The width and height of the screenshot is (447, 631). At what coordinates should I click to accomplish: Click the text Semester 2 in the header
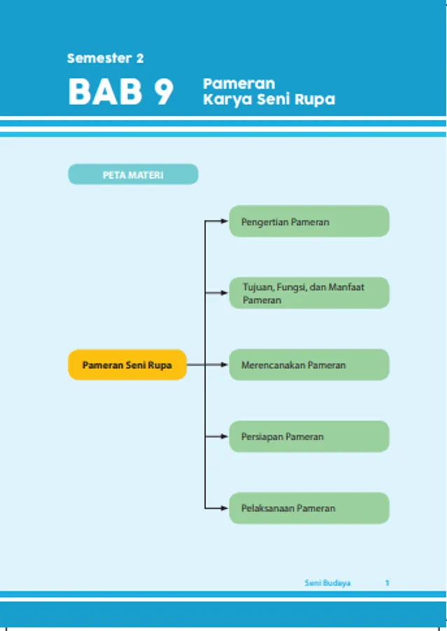tap(105, 59)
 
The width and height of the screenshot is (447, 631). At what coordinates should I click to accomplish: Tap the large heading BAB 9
tap(121, 93)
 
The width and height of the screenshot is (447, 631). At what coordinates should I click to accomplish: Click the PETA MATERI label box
tap(133, 175)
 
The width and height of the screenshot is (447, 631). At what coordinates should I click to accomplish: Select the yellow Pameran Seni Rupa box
tap(127, 365)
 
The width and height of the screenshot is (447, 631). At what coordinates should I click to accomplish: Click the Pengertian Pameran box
tap(309, 222)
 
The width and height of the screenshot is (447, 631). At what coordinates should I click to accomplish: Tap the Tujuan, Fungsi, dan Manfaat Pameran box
tap(309, 293)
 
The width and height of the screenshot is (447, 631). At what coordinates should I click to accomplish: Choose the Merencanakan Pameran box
tap(309, 365)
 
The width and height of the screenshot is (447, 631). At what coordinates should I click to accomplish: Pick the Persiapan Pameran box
tap(309, 436)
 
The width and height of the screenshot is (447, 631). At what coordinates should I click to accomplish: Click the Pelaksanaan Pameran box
tap(309, 508)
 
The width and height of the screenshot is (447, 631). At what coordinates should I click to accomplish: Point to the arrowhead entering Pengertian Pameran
tap(225, 222)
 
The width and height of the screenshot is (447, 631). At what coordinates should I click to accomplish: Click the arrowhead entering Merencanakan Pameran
tap(225, 365)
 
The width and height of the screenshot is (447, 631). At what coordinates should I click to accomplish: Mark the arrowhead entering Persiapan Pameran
tap(225, 436)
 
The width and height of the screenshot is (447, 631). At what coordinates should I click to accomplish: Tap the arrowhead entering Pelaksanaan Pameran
tap(225, 508)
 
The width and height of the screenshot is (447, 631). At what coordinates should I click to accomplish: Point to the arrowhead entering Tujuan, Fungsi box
tap(225, 293)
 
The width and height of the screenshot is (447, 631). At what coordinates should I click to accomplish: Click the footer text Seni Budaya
tap(327, 583)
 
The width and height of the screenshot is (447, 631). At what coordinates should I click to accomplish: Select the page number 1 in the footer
tap(387, 583)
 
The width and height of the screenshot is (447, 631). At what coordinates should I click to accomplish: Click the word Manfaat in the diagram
tap(347, 287)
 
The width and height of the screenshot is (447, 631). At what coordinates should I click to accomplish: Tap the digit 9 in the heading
tap(162, 93)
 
